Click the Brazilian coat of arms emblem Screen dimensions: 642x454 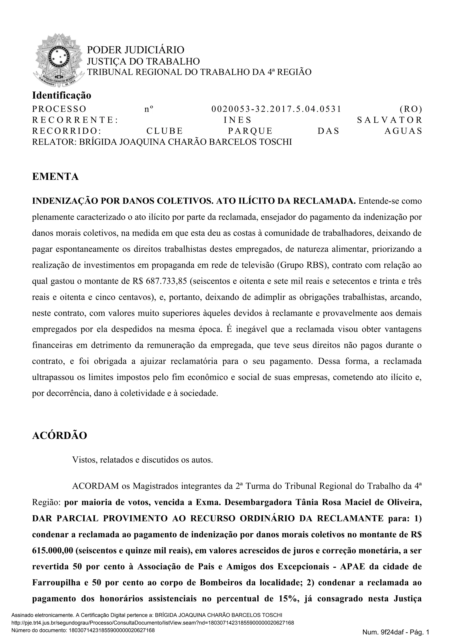[59, 60]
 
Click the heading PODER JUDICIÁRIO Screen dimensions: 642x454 [136, 50]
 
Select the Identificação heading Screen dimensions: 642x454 [61, 95]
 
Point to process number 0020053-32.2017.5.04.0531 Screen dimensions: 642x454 [276, 109]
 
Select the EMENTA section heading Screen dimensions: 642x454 [55, 177]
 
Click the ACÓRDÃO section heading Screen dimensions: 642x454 [60, 436]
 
